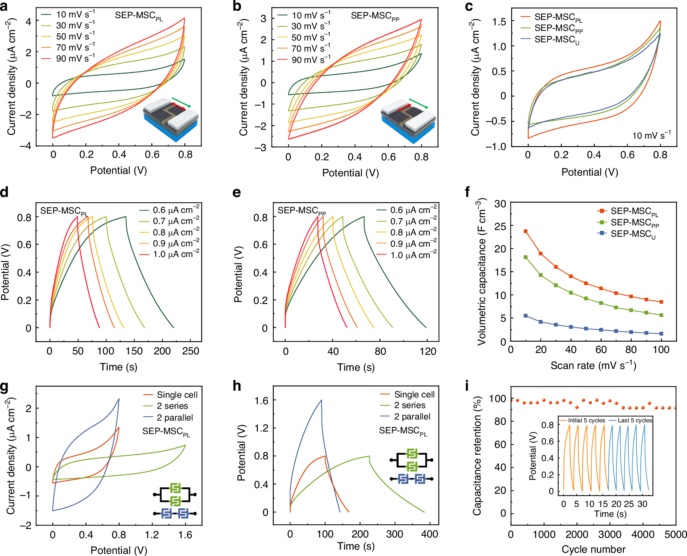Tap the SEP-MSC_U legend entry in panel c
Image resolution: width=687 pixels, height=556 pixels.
click(556, 39)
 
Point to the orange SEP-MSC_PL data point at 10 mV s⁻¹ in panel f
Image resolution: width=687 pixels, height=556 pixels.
click(525, 231)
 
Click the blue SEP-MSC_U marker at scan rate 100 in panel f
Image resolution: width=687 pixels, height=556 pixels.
click(661, 333)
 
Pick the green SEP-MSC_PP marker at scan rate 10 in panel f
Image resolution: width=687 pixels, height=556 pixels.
click(525, 257)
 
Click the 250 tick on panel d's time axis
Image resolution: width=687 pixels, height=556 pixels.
click(190, 351)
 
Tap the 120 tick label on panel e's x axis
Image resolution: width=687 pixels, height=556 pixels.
click(428, 352)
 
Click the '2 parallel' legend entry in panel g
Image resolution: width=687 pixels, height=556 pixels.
click(174, 417)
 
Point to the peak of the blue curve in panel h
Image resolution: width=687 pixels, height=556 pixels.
click(321, 400)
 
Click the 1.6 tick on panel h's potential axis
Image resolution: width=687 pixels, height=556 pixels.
click(261, 401)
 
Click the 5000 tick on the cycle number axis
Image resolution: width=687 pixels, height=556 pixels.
click(675, 534)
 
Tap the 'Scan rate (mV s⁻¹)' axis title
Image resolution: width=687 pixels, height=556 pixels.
click(593, 365)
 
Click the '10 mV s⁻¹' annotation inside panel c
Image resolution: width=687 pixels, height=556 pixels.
click(651, 135)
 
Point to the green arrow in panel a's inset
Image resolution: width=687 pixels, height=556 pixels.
click(181, 102)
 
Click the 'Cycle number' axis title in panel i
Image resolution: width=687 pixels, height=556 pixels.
click(593, 549)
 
